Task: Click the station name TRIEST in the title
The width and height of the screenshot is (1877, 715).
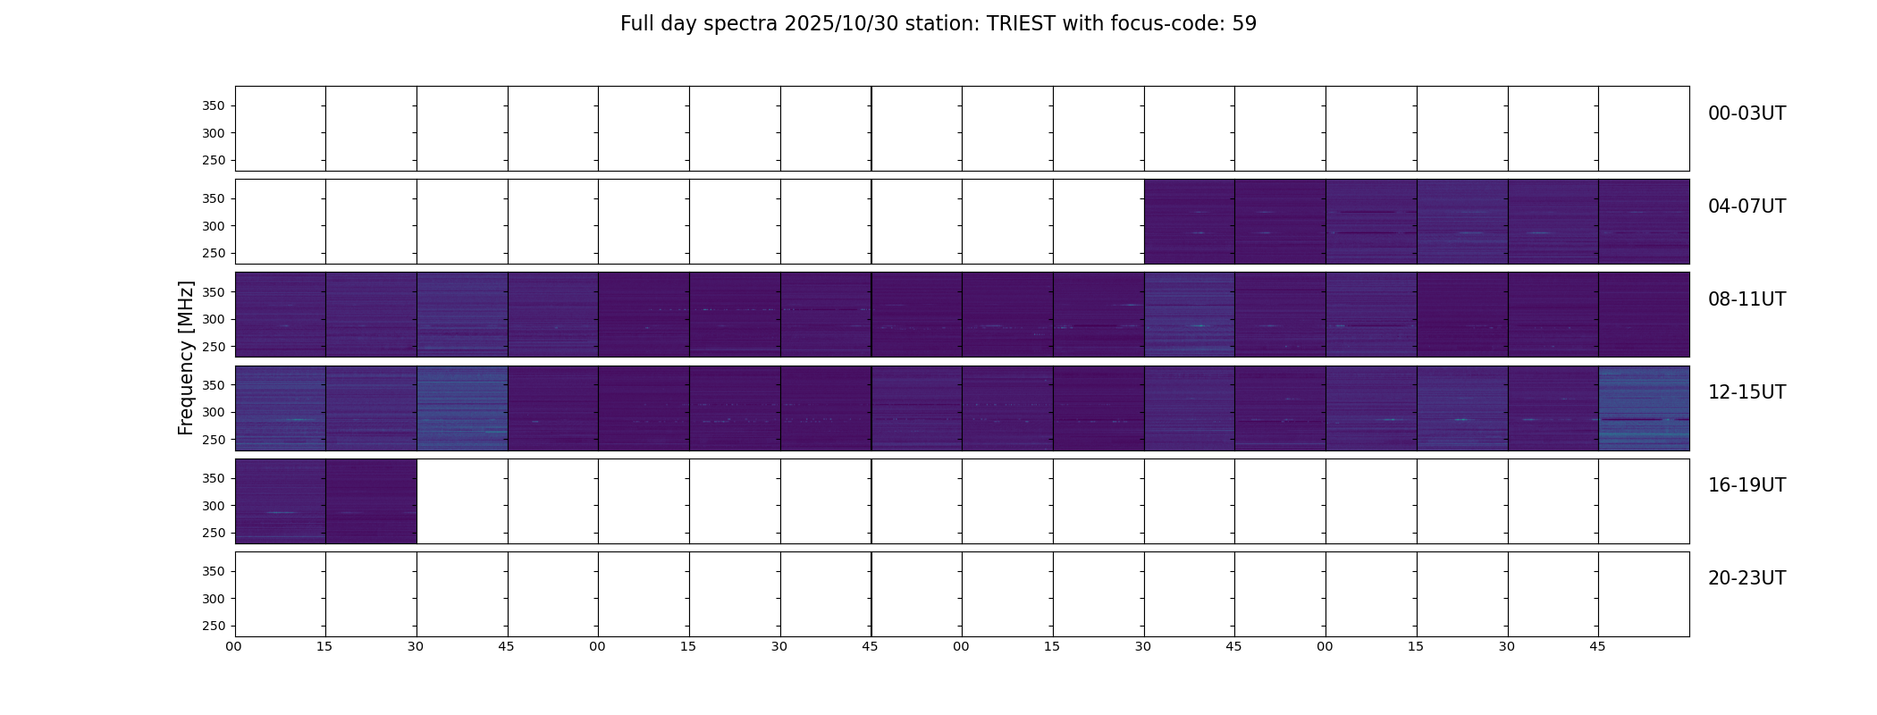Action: (x=1022, y=24)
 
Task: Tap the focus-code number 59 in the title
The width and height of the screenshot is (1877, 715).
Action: (x=1244, y=24)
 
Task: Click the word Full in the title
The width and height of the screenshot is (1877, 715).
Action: (x=636, y=24)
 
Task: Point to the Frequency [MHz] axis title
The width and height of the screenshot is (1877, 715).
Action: (x=186, y=357)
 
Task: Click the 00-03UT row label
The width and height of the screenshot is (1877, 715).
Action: (x=1747, y=114)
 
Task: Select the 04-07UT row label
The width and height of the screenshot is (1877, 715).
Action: (x=1747, y=206)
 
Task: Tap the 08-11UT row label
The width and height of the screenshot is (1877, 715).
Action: (x=1747, y=299)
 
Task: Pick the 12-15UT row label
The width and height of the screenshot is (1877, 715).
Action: (x=1747, y=392)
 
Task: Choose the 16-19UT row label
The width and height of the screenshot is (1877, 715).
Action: (x=1747, y=485)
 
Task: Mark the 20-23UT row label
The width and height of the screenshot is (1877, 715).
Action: (x=1747, y=578)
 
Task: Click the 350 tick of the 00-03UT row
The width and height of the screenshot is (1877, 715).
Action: (x=214, y=106)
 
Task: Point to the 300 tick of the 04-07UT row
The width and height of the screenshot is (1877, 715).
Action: (x=214, y=226)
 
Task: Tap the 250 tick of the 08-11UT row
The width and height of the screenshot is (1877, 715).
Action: (x=214, y=347)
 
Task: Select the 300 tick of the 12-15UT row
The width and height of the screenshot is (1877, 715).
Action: (x=214, y=413)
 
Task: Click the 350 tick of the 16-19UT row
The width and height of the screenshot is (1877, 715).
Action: (x=214, y=479)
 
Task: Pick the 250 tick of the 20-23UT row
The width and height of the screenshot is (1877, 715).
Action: (x=214, y=627)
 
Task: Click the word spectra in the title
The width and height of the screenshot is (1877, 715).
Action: (x=741, y=25)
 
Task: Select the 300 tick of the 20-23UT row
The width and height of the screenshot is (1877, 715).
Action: (x=214, y=599)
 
